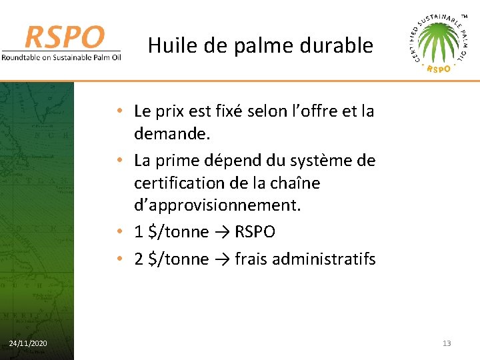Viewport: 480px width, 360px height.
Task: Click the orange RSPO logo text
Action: pyautogui.click(x=65, y=37)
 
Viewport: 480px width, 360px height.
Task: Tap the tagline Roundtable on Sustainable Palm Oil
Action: pyautogui.click(x=61, y=57)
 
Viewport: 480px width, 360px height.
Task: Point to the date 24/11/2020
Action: pyautogui.click(x=28, y=343)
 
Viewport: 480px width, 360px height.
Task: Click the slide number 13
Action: pyautogui.click(x=446, y=343)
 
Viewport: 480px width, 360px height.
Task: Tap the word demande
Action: pyautogui.click(x=172, y=134)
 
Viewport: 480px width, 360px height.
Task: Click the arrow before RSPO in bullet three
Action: pyautogui.click(x=222, y=232)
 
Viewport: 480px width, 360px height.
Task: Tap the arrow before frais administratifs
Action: pyautogui.click(x=222, y=259)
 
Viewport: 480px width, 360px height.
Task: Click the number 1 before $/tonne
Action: pyautogui.click(x=139, y=232)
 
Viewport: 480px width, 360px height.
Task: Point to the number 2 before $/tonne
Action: pyautogui.click(x=139, y=259)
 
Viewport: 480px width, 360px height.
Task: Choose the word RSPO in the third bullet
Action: pyautogui.click(x=255, y=232)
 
